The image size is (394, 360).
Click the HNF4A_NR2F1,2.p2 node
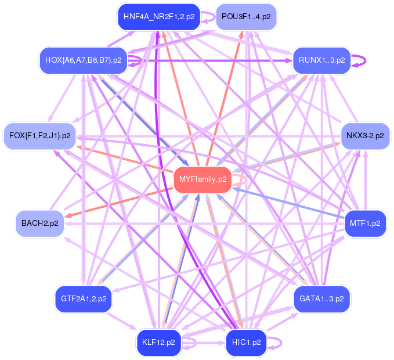[158, 17]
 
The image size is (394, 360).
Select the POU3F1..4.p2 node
[245, 16]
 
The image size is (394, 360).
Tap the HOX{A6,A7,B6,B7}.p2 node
[83, 60]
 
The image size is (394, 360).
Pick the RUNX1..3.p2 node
[321, 60]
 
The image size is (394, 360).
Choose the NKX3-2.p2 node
[364, 135]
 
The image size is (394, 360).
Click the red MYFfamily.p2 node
[203, 179]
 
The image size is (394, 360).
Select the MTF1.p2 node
[365, 223]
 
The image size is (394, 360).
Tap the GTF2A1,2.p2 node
[83, 299]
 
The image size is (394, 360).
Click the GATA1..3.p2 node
[321, 299]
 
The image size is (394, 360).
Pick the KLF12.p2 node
[158, 342]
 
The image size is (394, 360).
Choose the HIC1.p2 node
[246, 342]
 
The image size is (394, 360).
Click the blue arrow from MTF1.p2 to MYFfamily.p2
[290, 202]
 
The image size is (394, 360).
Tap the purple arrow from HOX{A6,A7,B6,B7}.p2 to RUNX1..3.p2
[209, 60]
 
